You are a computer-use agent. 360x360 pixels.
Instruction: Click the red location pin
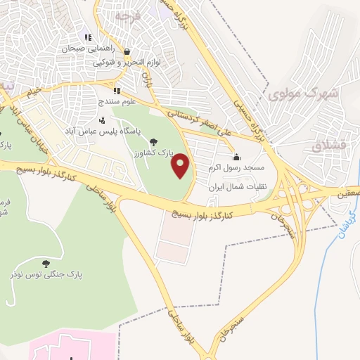coord(181,165)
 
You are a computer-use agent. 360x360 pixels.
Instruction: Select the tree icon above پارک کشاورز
coord(154,141)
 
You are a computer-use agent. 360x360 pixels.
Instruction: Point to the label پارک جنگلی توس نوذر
coord(46,275)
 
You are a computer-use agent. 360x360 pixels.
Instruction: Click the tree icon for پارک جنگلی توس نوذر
coord(46,264)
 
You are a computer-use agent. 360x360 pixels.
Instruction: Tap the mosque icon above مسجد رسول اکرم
coord(236,157)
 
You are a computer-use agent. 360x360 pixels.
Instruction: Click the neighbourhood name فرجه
coord(130,15)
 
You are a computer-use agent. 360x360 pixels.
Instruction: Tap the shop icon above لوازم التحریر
coord(127,51)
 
